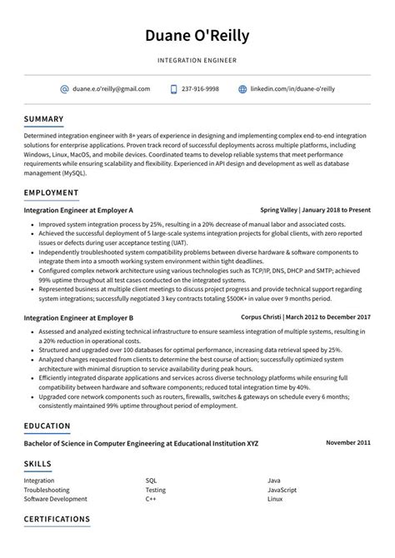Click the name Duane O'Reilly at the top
(197, 36)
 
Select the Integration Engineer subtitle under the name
(197, 60)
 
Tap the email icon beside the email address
(64, 88)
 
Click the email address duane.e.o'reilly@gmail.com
(111, 88)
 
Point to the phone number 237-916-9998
(200, 88)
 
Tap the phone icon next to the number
(173, 88)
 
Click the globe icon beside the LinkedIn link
(242, 88)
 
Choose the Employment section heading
(52, 192)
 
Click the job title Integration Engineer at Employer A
(78, 211)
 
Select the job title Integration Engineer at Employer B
(78, 317)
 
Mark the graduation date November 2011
(348, 443)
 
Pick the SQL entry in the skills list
(151, 481)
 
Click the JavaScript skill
(282, 490)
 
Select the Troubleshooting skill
(47, 490)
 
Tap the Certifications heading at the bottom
(57, 519)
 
